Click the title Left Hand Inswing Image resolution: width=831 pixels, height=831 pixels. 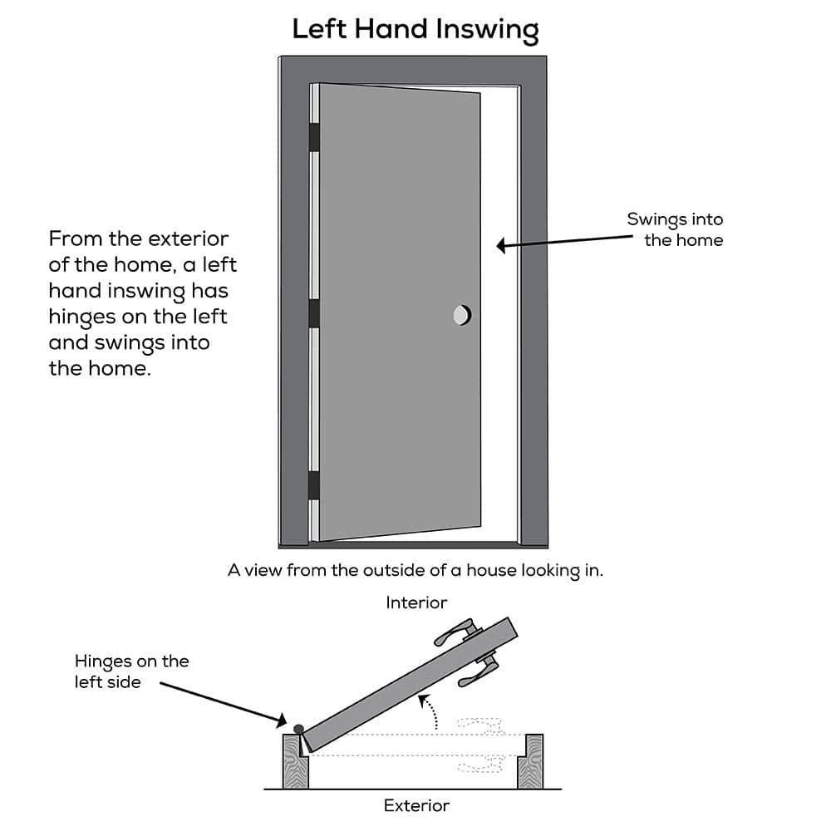coord(415,30)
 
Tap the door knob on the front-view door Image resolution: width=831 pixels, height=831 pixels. coord(461,315)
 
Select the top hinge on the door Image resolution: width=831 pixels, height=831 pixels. coord(314,137)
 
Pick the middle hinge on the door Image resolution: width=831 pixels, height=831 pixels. coord(314,313)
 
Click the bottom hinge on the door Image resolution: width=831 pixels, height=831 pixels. coord(314,485)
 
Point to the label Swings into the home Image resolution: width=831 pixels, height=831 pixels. coord(675,230)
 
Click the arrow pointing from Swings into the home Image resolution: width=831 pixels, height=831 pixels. coord(565,241)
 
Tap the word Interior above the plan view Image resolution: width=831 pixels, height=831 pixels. coord(416,602)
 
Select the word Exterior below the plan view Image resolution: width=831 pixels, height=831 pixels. coord(416,805)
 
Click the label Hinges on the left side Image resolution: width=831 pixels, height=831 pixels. coord(131,671)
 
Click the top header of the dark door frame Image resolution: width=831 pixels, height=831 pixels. coord(413,69)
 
